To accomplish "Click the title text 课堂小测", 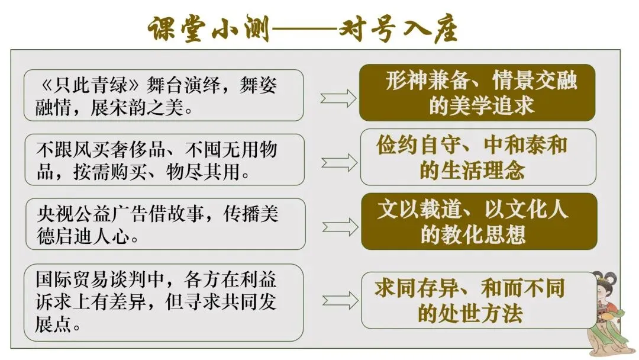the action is coord(209,29).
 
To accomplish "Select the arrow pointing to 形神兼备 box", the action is coord(338,98).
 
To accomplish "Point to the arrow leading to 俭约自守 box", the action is coord(339,163).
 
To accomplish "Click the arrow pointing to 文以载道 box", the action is coord(340,227).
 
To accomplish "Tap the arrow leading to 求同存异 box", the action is coord(340,301).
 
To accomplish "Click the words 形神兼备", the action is coord(427,80).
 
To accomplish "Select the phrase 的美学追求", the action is coord(481,105).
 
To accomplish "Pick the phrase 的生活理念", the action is coord(472,170).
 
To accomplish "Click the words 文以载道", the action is coord(419,209).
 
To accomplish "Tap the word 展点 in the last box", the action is coord(53,324).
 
